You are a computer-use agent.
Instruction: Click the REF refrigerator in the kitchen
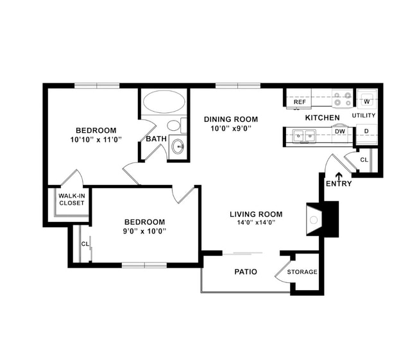pyautogui.click(x=299, y=101)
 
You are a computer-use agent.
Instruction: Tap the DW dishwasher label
pyautogui.click(x=339, y=132)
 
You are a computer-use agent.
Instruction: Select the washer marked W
pyautogui.click(x=366, y=101)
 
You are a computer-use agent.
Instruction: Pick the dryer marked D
pyautogui.click(x=366, y=132)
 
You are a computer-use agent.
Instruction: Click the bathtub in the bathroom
pyautogui.click(x=162, y=101)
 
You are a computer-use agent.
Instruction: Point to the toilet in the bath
pyautogui.click(x=173, y=126)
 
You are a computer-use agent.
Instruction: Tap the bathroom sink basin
pyautogui.click(x=178, y=147)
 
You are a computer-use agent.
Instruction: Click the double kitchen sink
pyautogui.click(x=303, y=135)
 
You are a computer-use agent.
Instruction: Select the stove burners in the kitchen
pyautogui.click(x=343, y=99)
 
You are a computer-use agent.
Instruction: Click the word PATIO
pyautogui.click(x=245, y=272)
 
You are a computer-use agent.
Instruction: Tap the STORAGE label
pyautogui.click(x=302, y=272)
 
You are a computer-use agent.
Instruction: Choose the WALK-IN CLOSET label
pyautogui.click(x=72, y=200)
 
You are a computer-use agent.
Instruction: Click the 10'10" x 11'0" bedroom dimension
pyautogui.click(x=96, y=139)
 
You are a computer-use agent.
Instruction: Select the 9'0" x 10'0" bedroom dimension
pyautogui.click(x=145, y=231)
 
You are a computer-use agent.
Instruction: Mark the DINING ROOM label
pyautogui.click(x=231, y=119)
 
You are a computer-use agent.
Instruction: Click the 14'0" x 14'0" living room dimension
pyautogui.click(x=257, y=223)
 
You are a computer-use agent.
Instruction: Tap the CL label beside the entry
pyautogui.click(x=364, y=160)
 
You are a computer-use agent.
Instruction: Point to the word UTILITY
pyautogui.click(x=363, y=116)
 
